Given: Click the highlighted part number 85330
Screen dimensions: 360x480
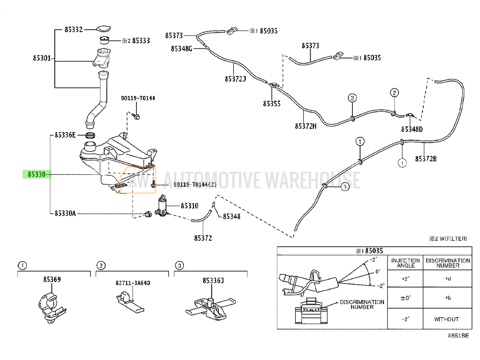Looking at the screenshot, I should click(36, 175).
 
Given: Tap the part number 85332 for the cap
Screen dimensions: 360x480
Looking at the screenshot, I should click(74, 30).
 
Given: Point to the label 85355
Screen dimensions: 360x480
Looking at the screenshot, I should click(272, 103).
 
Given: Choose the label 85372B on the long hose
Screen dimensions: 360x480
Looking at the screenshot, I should click(426, 158).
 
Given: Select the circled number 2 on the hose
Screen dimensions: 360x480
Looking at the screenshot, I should click(394, 93).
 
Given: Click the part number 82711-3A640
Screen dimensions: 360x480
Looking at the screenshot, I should click(132, 283).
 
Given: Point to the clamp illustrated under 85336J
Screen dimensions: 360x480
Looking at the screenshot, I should click(210, 307).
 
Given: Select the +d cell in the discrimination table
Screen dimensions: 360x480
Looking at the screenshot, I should click(448, 278).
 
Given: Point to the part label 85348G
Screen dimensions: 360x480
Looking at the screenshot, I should click(181, 48).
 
